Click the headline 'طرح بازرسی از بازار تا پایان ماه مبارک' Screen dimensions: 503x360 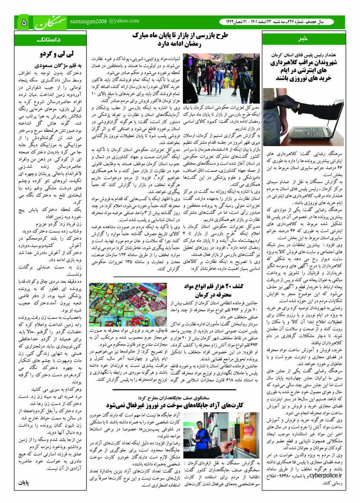(x=180, y=36)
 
